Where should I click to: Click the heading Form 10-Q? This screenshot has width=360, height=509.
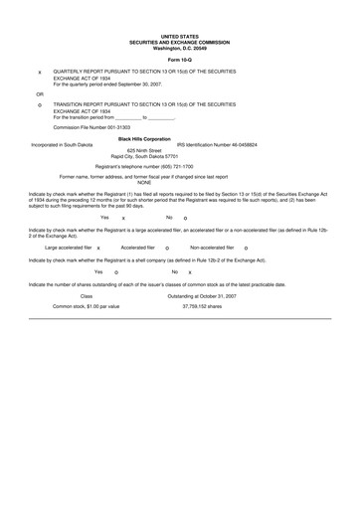point(180,61)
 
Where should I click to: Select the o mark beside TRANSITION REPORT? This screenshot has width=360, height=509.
point(39,105)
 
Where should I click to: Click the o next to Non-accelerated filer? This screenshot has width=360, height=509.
point(245,248)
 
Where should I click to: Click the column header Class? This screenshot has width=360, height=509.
point(87,296)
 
